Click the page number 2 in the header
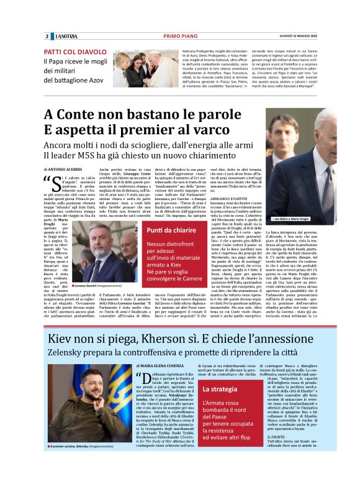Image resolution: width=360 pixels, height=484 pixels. pyautogui.click(x=46, y=37)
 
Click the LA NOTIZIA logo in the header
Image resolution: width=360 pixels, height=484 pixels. pyautogui.click(x=64, y=37)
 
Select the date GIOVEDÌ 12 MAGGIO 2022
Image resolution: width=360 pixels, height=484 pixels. pyautogui.click(x=312, y=37)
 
